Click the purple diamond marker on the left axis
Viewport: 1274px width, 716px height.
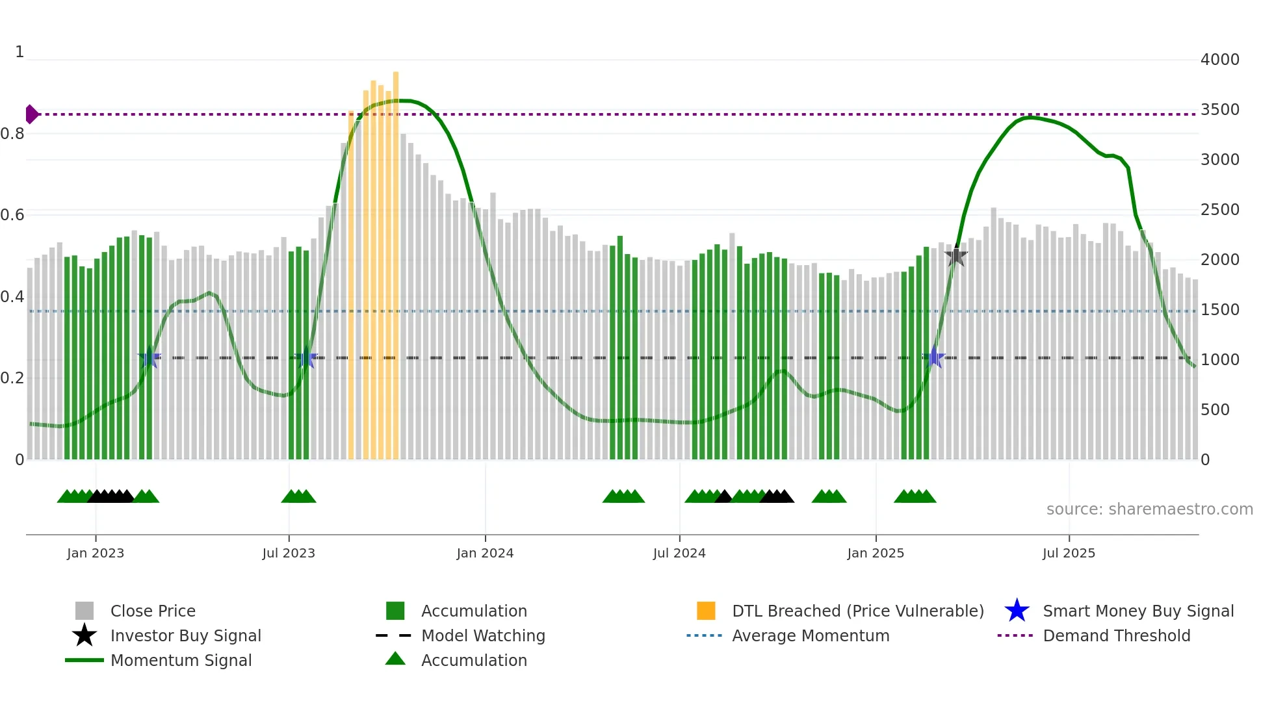click(31, 114)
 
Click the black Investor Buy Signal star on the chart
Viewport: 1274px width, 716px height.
click(955, 257)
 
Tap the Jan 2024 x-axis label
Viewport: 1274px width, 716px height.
click(485, 553)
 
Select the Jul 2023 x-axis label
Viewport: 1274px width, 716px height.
click(289, 553)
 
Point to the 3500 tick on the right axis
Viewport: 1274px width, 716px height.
click(1219, 110)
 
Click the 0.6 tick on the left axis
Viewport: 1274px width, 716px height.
click(12, 215)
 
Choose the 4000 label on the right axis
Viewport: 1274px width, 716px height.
click(1219, 60)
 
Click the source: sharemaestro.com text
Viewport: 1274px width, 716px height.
click(1149, 509)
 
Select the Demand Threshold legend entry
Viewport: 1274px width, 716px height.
click(1116, 635)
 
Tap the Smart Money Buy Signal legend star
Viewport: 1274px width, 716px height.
click(1017, 611)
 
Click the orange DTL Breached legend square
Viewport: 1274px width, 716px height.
click(706, 611)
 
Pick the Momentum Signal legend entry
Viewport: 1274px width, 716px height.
click(181, 660)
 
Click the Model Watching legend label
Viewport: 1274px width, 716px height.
click(483, 635)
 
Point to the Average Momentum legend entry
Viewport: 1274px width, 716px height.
click(810, 635)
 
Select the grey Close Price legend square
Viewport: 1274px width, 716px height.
click(84, 611)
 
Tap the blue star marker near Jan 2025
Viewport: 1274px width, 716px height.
click(934, 357)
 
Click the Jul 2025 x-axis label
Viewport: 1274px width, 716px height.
click(1069, 553)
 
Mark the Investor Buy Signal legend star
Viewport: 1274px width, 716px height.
click(84, 635)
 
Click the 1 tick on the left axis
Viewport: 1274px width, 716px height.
click(19, 52)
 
